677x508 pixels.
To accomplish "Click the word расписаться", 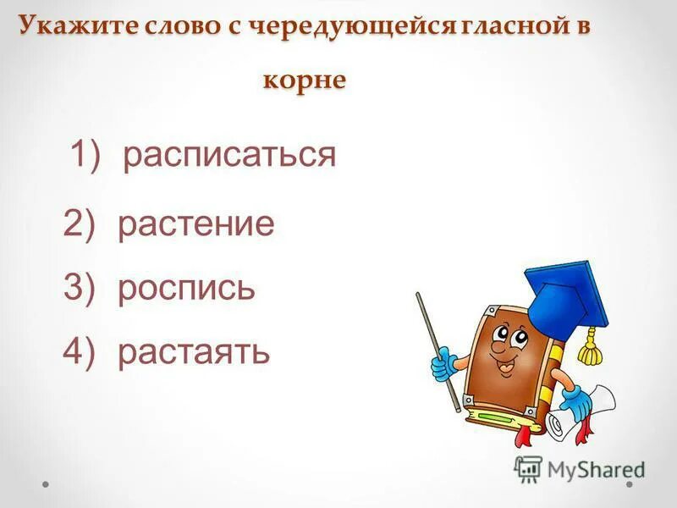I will [229, 156].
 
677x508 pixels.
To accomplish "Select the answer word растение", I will [196, 225].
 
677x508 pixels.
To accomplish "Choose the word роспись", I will [186, 289].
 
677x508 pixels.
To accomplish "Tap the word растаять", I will [194, 351].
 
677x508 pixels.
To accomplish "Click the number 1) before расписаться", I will [85, 156].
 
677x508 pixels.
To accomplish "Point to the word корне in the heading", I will [305, 80].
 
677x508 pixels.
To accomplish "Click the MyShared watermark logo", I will [579, 468].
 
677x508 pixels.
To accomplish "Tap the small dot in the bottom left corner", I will [47, 485].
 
